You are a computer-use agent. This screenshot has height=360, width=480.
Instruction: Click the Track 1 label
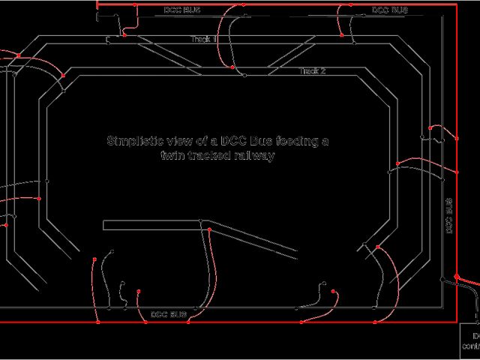tap(203, 39)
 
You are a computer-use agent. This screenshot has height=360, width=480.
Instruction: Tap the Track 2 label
tap(312, 71)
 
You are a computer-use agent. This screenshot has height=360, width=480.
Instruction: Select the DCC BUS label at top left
tap(182, 10)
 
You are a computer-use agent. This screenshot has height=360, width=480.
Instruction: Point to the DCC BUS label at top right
tap(390, 10)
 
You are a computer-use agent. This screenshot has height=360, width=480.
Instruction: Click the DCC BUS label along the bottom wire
tap(168, 313)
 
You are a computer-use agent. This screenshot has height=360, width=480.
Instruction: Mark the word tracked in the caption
tap(209, 156)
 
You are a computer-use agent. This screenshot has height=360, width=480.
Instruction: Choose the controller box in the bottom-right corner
tap(469, 341)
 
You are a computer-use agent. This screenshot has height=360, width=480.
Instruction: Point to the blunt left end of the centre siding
tap(103, 223)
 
